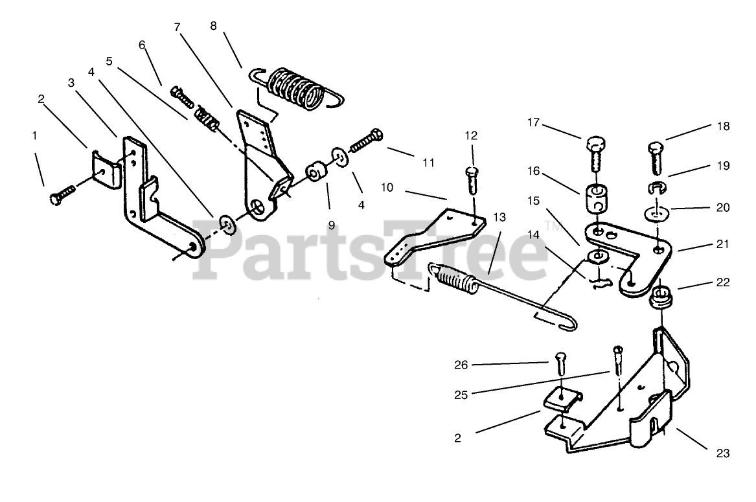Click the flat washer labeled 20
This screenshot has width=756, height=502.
[657, 212]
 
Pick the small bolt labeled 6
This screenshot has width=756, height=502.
[182, 98]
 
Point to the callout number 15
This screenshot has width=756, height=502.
[533, 201]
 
